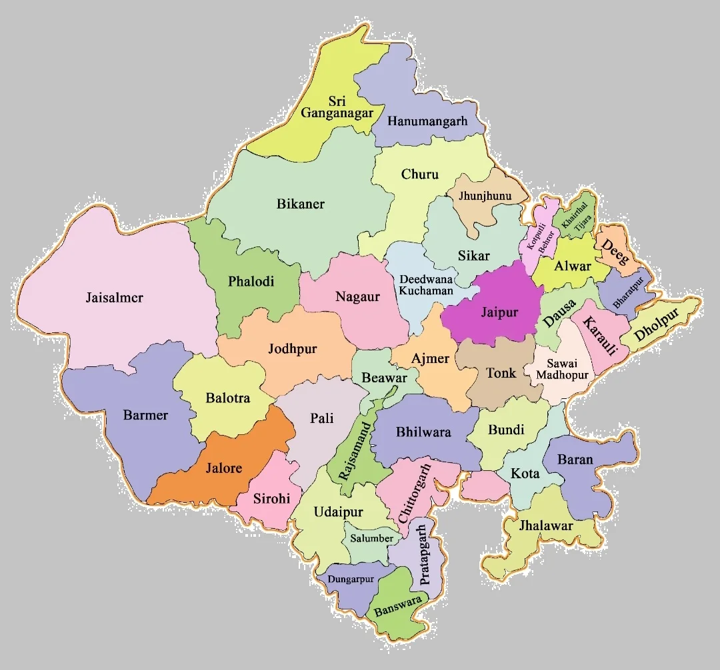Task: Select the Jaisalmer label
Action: coord(115,297)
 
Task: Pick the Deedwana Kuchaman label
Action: coord(425,285)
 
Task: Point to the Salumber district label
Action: coord(371,538)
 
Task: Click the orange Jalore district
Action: coord(223,468)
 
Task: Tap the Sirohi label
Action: coord(272,498)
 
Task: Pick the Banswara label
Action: coord(398,605)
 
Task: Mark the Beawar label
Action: coord(384,378)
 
